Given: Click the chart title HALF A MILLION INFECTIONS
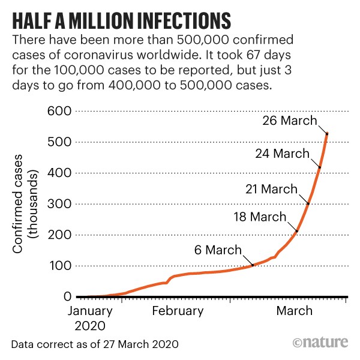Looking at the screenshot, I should pyautogui.click(x=121, y=19).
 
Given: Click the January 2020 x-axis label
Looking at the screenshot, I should pyautogui.click(x=89, y=318).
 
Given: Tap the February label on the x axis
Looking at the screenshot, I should pyautogui.click(x=177, y=311).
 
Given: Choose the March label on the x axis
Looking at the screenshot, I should pyautogui.click(x=294, y=311).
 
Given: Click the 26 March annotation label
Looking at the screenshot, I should pyautogui.click(x=290, y=121).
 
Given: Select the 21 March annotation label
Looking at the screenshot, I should pyautogui.click(x=271, y=190).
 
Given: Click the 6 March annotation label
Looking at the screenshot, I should pyautogui.click(x=218, y=250).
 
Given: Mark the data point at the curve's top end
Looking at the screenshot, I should pyautogui.click(x=327, y=133).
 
